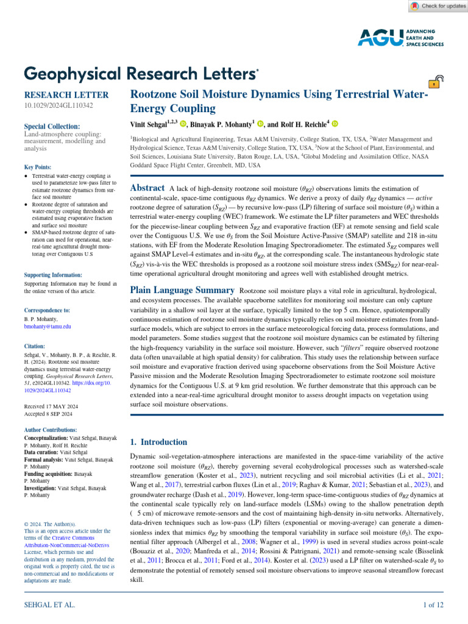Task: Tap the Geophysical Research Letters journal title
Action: (x=141, y=74)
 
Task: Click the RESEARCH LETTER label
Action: (x=66, y=95)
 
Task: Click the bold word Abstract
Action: (x=148, y=188)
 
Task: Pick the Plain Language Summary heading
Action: (x=183, y=291)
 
